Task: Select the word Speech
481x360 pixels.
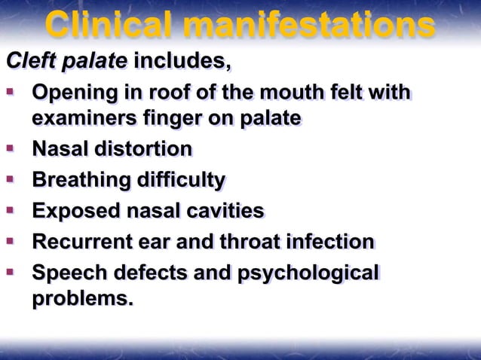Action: (x=66, y=273)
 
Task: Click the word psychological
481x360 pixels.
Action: (x=308, y=274)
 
